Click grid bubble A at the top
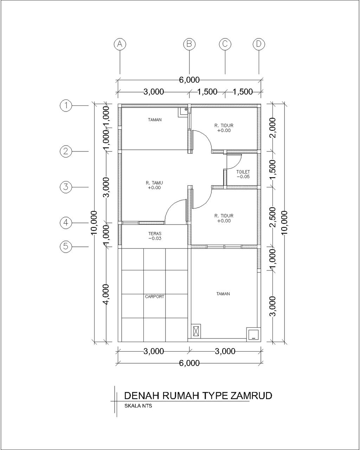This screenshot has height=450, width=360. [120, 44]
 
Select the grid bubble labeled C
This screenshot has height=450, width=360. [225, 44]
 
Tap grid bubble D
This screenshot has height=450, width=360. [259, 44]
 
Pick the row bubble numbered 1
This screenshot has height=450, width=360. [66, 105]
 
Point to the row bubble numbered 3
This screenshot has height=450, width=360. [66, 187]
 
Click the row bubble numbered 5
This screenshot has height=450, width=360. [66, 246]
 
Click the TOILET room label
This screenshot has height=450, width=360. [243, 172]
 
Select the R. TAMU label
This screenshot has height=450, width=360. [154, 183]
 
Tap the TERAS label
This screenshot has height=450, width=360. [155, 233]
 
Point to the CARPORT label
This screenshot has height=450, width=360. [155, 296]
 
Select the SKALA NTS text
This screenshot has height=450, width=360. [138, 406]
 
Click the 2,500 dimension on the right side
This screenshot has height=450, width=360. [273, 217]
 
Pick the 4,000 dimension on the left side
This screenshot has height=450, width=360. [106, 294]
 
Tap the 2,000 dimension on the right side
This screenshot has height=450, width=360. [273, 128]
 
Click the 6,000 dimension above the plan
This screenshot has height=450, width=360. [189, 80]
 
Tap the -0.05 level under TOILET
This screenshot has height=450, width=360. [243, 177]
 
